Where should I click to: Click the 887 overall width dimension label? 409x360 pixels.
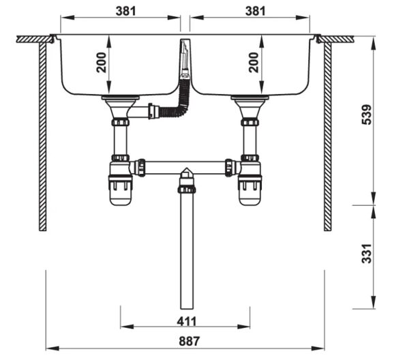point(189,341)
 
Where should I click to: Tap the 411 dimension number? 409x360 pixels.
point(187,321)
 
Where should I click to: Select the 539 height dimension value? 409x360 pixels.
point(367,115)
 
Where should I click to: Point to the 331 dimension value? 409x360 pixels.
point(367,254)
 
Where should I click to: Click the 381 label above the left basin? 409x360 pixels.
point(126,11)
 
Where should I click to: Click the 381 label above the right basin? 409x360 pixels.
point(256,11)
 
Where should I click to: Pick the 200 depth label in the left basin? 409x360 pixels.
point(102,63)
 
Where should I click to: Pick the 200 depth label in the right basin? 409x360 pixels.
point(254,63)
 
